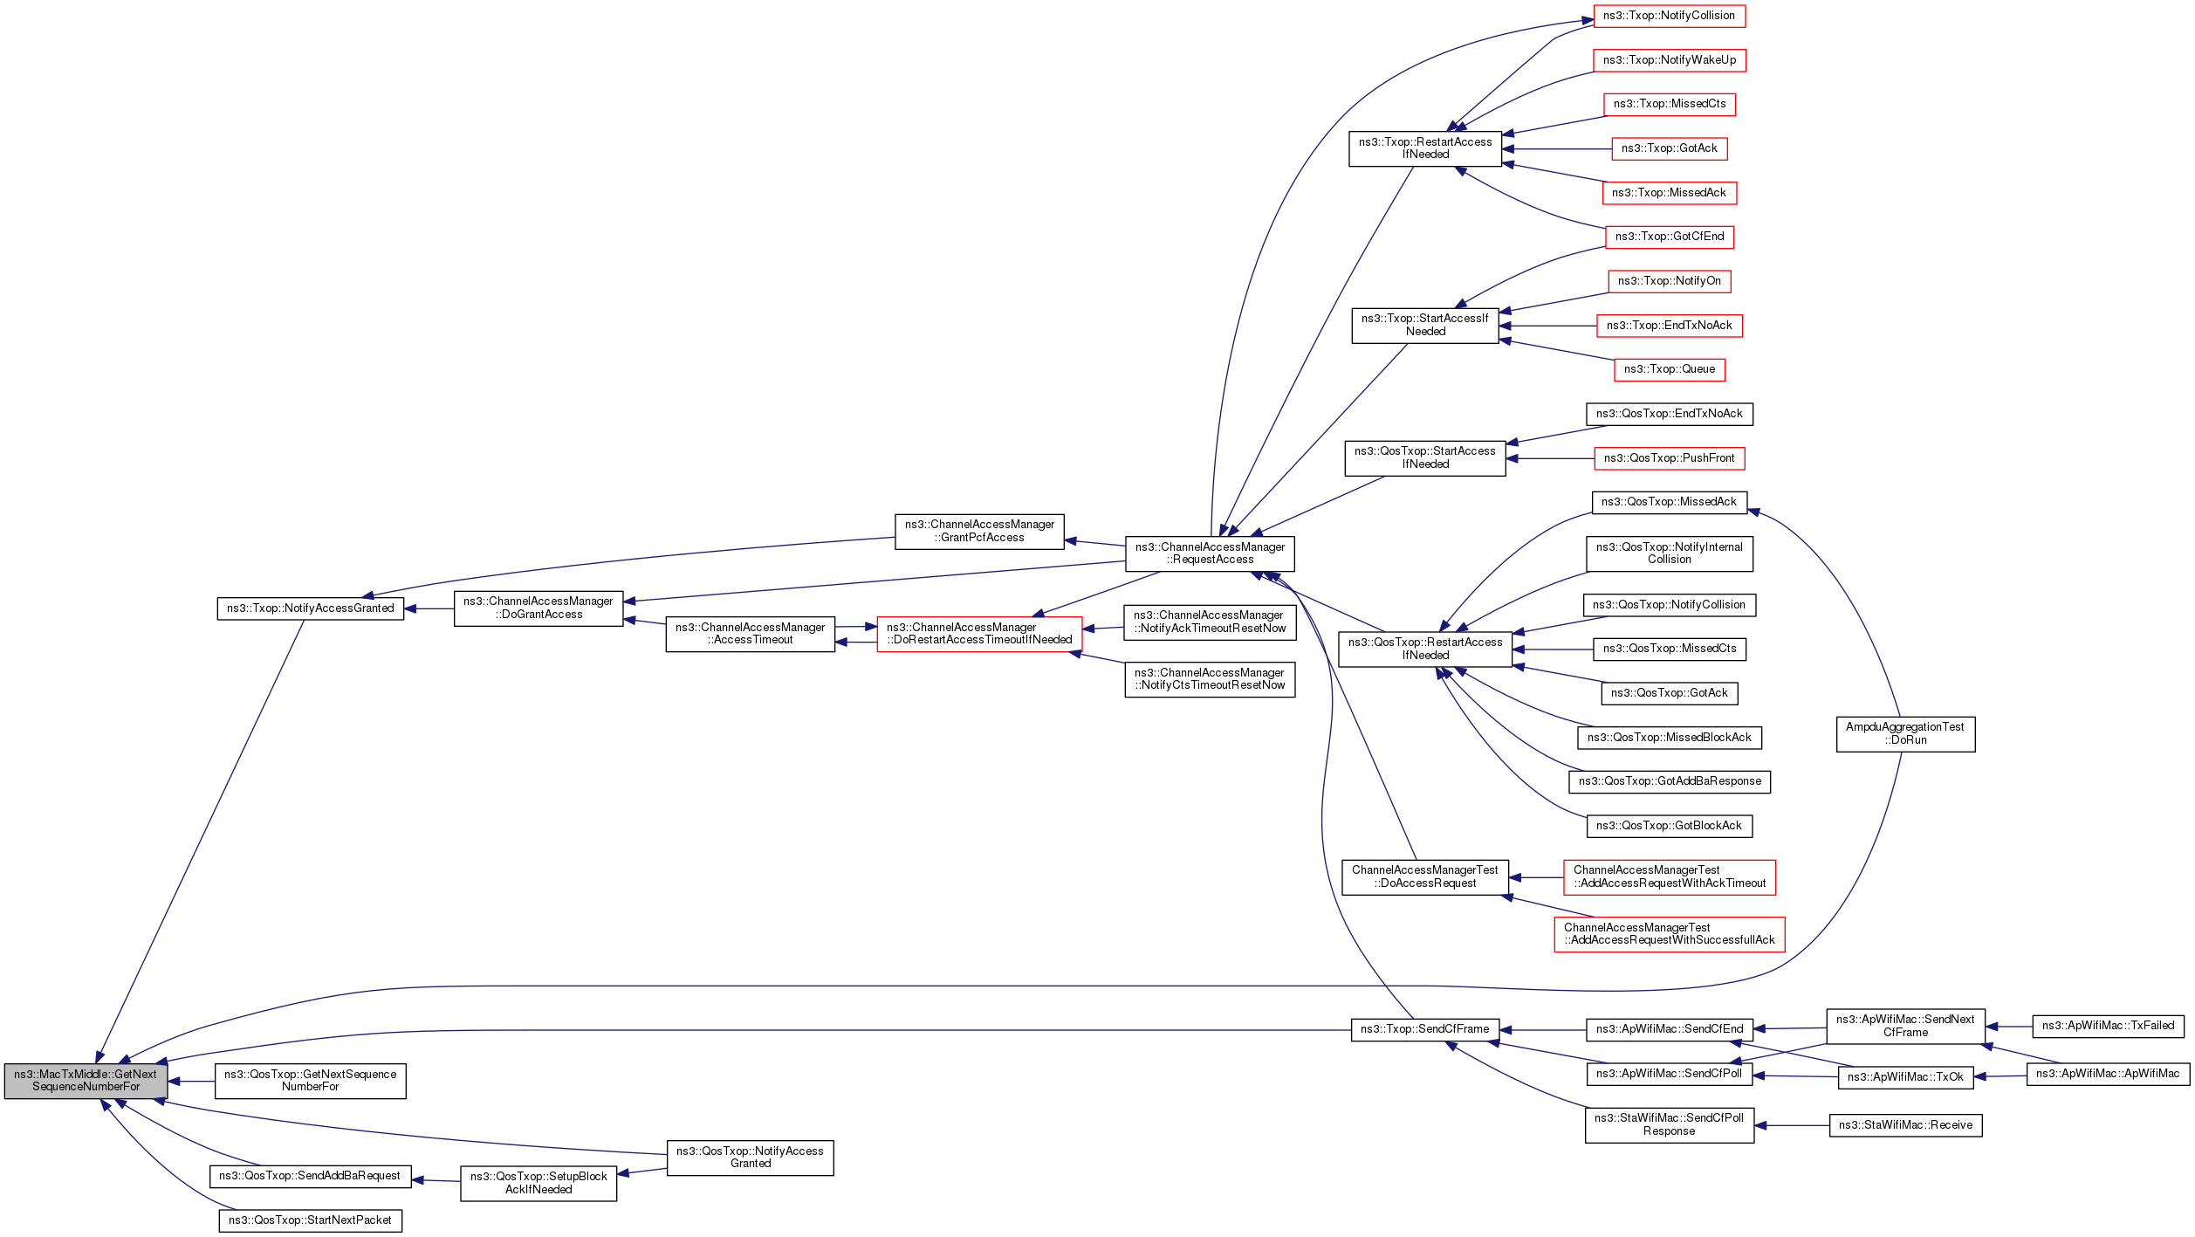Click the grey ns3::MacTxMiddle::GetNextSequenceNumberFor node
pyautogui.click(x=86, y=1081)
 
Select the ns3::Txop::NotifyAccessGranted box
pyautogui.click(x=310, y=608)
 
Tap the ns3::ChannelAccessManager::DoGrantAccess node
pyautogui.click(x=538, y=608)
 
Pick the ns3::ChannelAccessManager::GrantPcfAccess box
pyautogui.click(x=979, y=531)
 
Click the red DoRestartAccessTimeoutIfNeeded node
pyautogui.click(x=979, y=634)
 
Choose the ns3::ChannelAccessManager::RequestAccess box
pyautogui.click(x=1210, y=553)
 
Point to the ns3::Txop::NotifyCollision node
pyautogui.click(x=1669, y=16)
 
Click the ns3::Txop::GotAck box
pyautogui.click(x=1669, y=148)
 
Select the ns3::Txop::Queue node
pyautogui.click(x=1669, y=369)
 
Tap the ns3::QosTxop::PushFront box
pyautogui.click(x=1669, y=458)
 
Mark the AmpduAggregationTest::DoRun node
pyautogui.click(x=1905, y=733)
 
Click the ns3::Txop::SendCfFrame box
pyautogui.click(x=1425, y=1029)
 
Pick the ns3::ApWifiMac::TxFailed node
pyautogui.click(x=2108, y=1026)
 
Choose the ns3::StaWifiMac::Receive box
pyautogui.click(x=1905, y=1125)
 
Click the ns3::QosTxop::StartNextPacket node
pyautogui.click(x=310, y=1220)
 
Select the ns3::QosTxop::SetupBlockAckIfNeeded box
pyautogui.click(x=538, y=1183)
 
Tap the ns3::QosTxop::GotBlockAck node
pyautogui.click(x=1669, y=826)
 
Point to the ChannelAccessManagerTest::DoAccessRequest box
pyautogui.click(x=1424, y=876)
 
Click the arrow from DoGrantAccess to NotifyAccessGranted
pyautogui.click(x=429, y=608)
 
